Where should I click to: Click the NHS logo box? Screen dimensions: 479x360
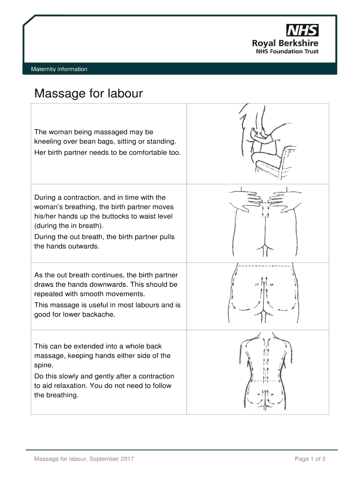pyautogui.click(x=302, y=31)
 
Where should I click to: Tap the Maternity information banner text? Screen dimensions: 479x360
pyautogui.click(x=59, y=69)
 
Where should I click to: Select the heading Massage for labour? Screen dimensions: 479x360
pyautogui.click(x=88, y=94)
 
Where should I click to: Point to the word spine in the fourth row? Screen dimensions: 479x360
pyautogui.click(x=43, y=365)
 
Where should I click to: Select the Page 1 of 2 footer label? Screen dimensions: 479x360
pyautogui.click(x=310, y=459)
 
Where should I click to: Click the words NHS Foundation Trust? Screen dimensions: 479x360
pyautogui.click(x=286, y=51)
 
